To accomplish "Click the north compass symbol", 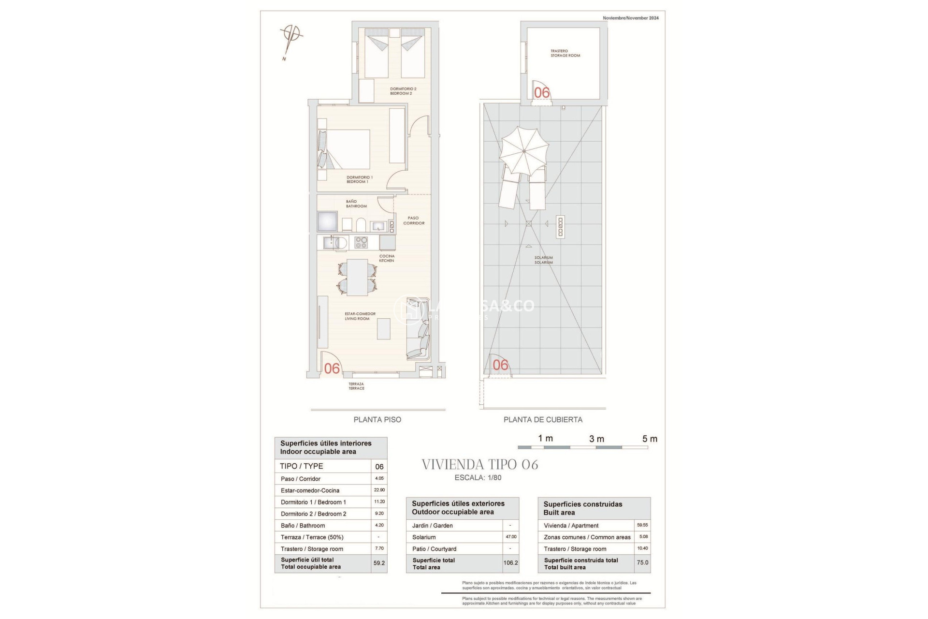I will click(291, 38).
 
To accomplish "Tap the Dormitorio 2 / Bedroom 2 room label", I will click(403, 91).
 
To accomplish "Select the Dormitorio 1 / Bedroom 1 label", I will click(359, 179).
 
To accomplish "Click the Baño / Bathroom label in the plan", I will click(356, 204).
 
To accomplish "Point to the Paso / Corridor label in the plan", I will click(414, 221).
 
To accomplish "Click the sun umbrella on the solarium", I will click(524, 151).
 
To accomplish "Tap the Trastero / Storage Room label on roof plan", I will click(565, 53).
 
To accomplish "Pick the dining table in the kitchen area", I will click(357, 278).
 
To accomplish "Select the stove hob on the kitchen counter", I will click(361, 242).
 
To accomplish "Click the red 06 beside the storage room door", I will click(542, 92).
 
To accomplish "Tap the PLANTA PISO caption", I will click(377, 420).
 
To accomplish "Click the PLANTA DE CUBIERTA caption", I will click(543, 420).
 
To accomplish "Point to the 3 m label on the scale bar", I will click(596, 439).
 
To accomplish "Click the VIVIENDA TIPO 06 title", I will click(479, 465).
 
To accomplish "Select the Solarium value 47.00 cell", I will click(511, 537).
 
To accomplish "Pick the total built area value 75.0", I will click(642, 563).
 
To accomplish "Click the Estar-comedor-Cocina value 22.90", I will click(379, 490).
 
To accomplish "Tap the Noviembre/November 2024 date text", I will click(630, 18).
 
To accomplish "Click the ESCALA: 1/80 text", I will click(478, 478).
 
